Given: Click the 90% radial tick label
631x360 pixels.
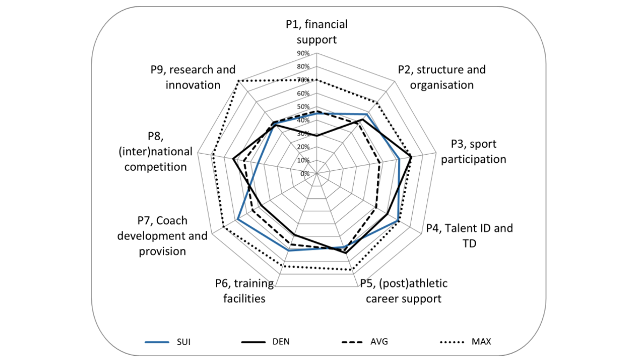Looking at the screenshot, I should [x=303, y=54].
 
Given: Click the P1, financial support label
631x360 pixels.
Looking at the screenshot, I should [x=317, y=32].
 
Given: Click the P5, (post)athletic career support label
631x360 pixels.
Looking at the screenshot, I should [x=403, y=291].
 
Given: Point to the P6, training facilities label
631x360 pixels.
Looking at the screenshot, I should [x=244, y=291].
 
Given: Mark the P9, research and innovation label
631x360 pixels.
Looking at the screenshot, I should [x=193, y=77].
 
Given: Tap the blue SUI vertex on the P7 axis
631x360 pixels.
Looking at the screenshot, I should [x=238, y=219].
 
